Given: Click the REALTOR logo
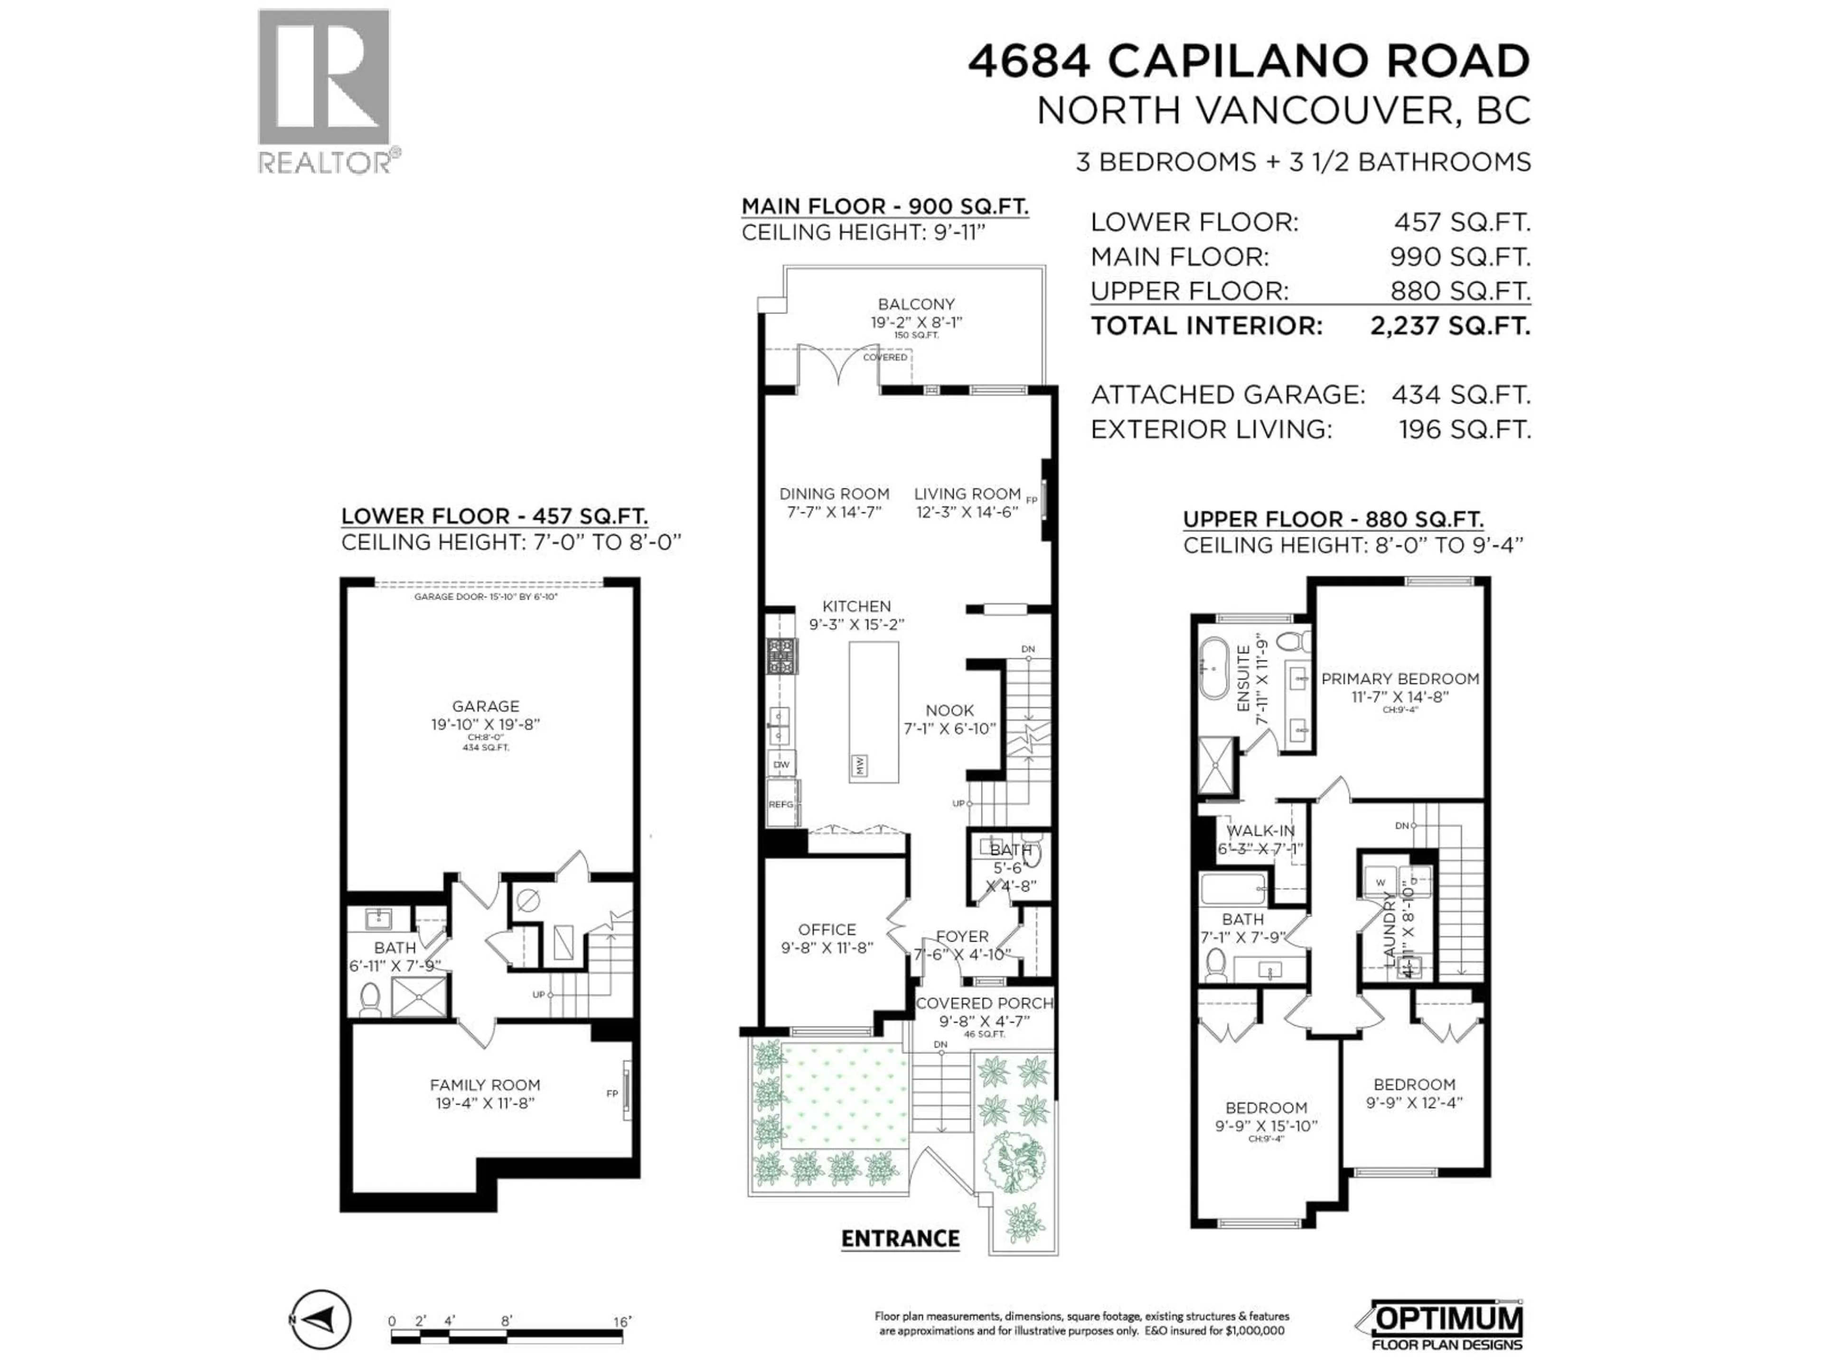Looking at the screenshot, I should pos(324,91).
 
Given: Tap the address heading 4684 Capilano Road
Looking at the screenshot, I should pos(1249,61).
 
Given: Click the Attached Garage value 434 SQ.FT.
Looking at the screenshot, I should pos(1460,395).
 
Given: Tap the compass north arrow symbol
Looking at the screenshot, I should pos(321,1320).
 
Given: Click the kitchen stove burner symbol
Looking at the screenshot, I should pos(781,657).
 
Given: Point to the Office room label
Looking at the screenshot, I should pos(827,929).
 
